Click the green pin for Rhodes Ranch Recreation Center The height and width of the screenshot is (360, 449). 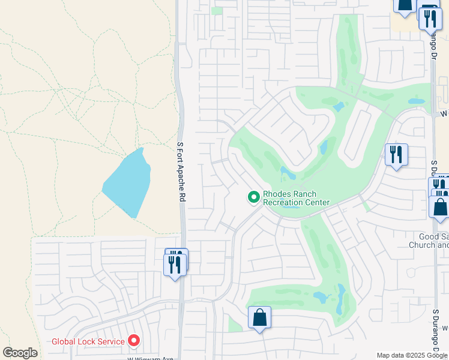point(254,197)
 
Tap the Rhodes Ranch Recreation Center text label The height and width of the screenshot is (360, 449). point(297,198)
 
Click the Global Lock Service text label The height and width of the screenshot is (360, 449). point(88,341)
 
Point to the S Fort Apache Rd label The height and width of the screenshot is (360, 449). point(181,172)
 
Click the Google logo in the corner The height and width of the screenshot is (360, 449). point(20,353)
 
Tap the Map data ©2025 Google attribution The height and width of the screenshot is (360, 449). point(412,355)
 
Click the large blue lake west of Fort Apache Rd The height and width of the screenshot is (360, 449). point(126,182)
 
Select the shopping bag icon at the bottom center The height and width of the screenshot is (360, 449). point(259,317)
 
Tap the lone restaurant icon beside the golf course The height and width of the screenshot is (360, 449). point(396,154)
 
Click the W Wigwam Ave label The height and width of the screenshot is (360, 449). point(150,358)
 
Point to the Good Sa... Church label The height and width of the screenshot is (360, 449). point(429,241)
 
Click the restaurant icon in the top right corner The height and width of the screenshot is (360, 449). point(429,18)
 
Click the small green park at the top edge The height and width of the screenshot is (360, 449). point(217,10)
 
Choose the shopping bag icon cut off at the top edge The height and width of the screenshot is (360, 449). point(403,5)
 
